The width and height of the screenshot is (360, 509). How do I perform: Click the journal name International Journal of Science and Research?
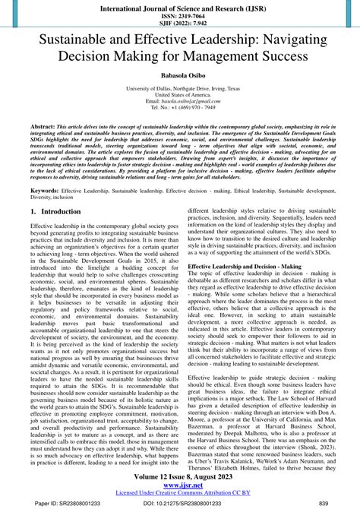click(179, 5)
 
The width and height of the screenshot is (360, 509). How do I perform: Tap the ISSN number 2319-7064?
click(179, 14)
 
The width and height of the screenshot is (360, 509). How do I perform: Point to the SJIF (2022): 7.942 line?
click(179, 23)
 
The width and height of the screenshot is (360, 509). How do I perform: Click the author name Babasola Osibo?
click(179, 75)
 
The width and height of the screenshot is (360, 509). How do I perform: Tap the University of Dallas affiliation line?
click(179, 89)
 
